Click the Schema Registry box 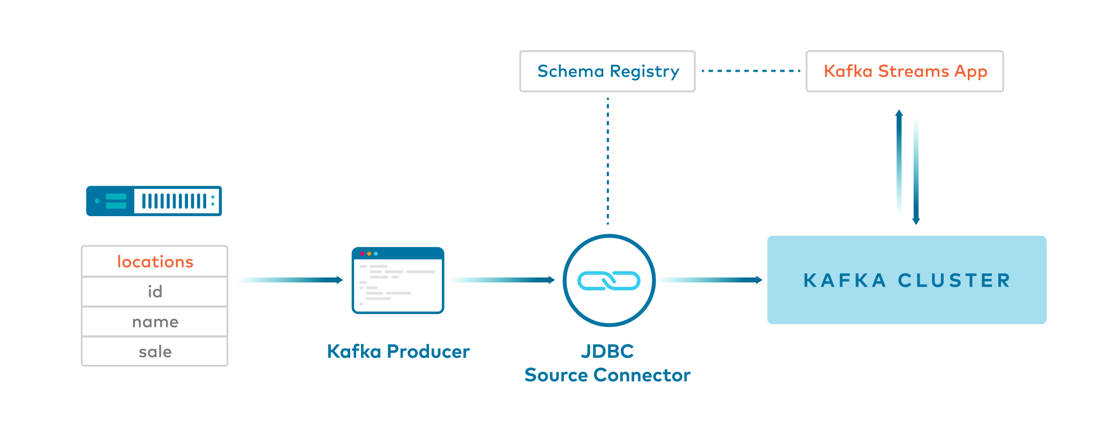(x=607, y=71)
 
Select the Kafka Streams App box (x=905, y=71)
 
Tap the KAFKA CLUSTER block (x=907, y=280)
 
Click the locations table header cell (x=155, y=262)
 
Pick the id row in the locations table (x=155, y=292)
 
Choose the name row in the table (x=155, y=322)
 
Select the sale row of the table (x=155, y=351)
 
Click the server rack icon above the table (x=154, y=201)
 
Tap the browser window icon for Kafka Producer (x=398, y=280)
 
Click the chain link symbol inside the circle (x=609, y=280)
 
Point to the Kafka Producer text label (x=398, y=351)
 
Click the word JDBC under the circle (x=607, y=351)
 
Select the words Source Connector (x=607, y=375)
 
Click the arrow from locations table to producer (x=300, y=280)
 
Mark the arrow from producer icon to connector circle (x=509, y=280)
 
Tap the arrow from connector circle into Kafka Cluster (x=718, y=280)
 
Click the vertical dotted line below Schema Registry (x=608, y=160)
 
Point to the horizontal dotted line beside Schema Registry (x=750, y=71)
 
